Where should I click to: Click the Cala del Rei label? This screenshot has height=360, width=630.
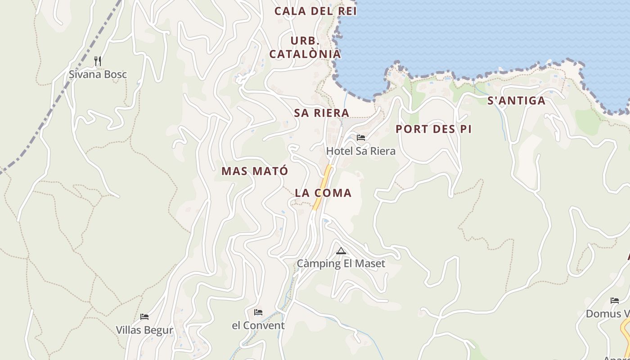point(315,11)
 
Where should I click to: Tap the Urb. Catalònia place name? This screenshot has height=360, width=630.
point(305,47)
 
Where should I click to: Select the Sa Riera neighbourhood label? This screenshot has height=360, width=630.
point(321,113)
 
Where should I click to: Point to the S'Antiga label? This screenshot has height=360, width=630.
point(517,101)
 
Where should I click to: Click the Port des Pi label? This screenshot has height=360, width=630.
point(433,130)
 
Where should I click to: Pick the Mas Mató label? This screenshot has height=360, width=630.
point(254,171)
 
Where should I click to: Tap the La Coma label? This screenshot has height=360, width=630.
point(323,193)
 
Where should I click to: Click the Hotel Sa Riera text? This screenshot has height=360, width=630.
point(360,151)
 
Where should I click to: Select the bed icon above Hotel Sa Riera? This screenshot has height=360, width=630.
point(360,138)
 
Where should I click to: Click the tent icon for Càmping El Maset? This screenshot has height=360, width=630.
point(341,251)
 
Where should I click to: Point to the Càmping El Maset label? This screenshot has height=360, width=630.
point(341,263)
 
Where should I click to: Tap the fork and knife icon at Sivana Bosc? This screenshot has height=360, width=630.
point(97,60)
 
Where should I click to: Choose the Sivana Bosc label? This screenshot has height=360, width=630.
point(98,74)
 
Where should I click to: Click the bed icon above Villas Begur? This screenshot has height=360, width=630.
point(144,317)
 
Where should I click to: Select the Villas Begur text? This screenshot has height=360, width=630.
point(144,330)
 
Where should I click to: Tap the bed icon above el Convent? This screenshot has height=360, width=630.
point(258,312)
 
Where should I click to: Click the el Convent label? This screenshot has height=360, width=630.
point(258,325)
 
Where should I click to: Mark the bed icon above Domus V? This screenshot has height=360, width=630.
point(614,301)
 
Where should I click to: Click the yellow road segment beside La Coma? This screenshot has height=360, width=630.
point(323,187)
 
